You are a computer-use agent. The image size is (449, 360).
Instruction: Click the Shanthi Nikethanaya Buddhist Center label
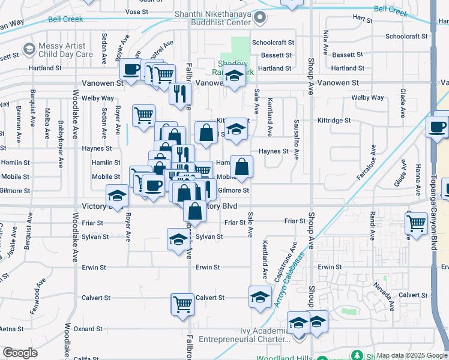tap(220, 17)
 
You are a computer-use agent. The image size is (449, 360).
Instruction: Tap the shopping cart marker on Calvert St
tap(182, 304)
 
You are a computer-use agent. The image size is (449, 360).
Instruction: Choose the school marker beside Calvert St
tap(259, 297)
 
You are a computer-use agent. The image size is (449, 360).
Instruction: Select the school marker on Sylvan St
tap(177, 239)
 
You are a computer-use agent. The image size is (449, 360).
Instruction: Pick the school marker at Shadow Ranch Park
tap(234, 76)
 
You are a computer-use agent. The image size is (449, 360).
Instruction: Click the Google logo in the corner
tap(20, 353)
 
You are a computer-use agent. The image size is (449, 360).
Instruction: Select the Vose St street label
tap(137, 11)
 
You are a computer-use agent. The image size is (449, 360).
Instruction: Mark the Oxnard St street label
tap(88, 329)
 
